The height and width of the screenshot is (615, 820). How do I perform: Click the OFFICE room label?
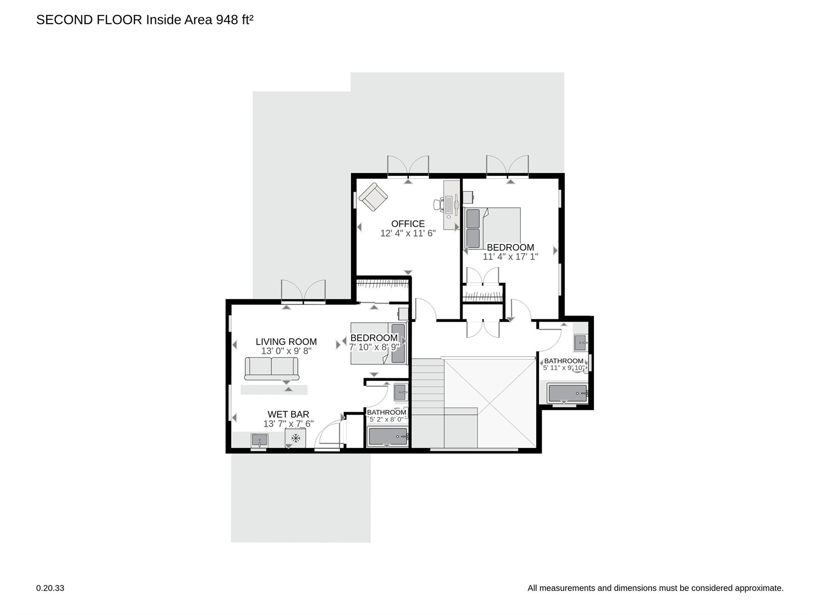point(407,223)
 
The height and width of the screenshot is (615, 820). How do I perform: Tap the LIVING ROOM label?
point(286,342)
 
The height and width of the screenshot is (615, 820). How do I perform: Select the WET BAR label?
point(288,415)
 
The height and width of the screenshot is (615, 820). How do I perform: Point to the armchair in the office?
point(373,197)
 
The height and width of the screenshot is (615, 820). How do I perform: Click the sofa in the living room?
point(272,368)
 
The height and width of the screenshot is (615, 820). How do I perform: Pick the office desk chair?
point(439,204)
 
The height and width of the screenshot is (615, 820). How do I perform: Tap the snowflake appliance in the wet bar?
point(295,438)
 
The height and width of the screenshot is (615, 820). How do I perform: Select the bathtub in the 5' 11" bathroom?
point(567,394)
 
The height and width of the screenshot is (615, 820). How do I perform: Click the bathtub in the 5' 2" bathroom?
point(388,437)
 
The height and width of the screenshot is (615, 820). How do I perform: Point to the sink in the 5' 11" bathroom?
point(580,342)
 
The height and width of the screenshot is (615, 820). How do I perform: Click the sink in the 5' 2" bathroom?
point(400,392)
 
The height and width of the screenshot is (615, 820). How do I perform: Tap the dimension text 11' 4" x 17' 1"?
point(510,257)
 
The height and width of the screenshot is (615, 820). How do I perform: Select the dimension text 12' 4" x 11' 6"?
point(408,233)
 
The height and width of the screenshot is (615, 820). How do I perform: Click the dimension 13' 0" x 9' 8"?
point(286,351)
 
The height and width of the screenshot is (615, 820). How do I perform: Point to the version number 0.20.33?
point(50,588)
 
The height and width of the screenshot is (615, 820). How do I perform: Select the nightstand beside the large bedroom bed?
point(468,196)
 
